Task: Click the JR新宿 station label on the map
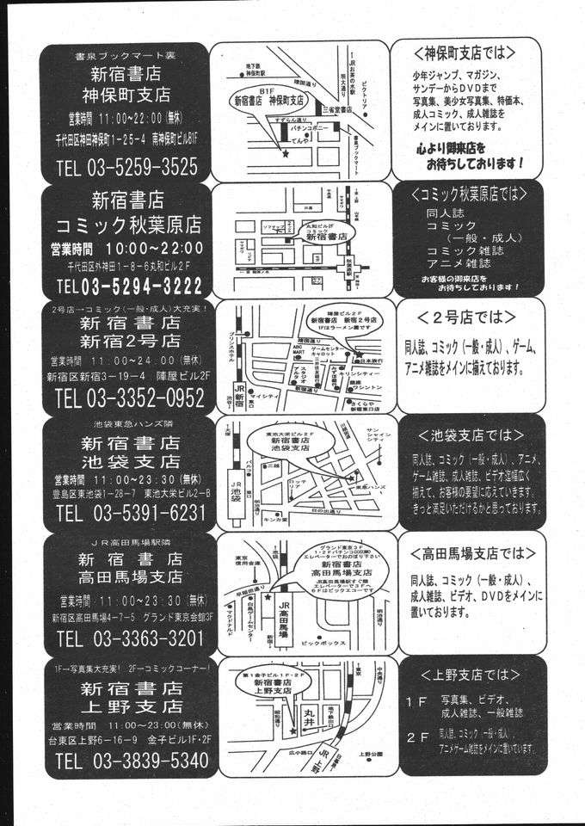tap(229, 396)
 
